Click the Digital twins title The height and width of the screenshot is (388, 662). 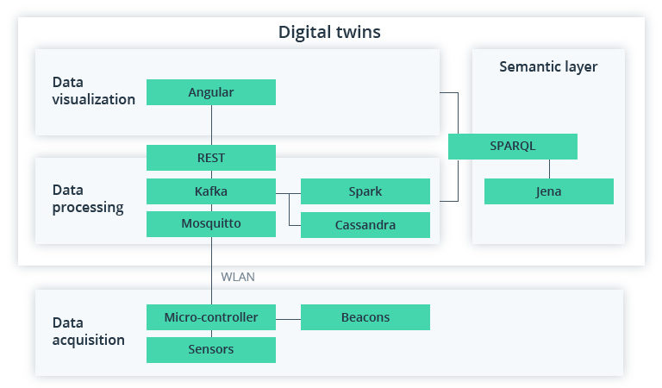point(329,32)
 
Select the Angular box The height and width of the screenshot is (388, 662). point(211,92)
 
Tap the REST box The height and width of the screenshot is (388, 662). point(211,158)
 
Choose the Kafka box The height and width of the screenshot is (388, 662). point(211,191)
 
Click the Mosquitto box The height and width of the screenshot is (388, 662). point(211,224)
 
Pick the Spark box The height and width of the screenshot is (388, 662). point(365,191)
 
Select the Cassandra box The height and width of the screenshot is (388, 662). point(365,225)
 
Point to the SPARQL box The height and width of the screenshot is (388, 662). point(512,146)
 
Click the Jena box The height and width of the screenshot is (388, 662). point(548,191)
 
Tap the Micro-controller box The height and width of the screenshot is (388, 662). point(211,317)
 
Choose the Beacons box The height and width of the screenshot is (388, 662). point(365,317)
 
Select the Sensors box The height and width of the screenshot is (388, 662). point(211,349)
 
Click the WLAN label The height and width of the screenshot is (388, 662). point(238,277)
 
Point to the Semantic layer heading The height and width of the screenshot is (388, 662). point(548,66)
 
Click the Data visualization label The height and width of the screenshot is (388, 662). point(93,91)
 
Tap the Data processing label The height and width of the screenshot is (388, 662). point(87,198)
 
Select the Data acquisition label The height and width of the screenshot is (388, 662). point(88,331)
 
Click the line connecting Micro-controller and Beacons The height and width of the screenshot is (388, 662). point(288,317)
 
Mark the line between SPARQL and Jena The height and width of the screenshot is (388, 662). point(549,169)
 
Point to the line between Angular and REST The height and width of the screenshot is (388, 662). point(211,125)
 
